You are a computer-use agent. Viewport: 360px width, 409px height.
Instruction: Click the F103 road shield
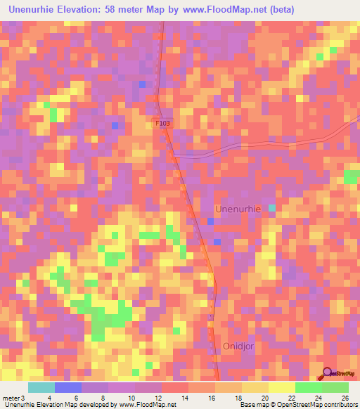[162, 122]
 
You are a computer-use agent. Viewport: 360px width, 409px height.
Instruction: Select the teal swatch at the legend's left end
[41, 387]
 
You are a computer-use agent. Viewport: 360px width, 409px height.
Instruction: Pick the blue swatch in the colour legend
[68, 387]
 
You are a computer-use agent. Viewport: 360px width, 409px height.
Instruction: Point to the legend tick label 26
[345, 398]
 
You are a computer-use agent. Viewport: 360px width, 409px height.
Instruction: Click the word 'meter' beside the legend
[11, 398]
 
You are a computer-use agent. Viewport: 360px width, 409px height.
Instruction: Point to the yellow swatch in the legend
[281, 387]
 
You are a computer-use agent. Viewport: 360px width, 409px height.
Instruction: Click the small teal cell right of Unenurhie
[272, 209]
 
